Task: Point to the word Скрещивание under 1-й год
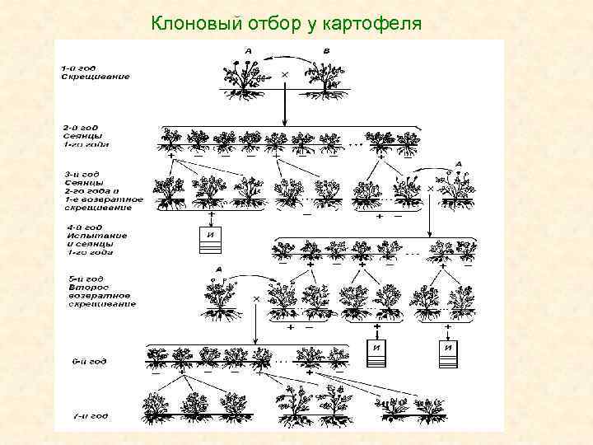click(x=94, y=77)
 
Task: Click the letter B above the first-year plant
click(x=325, y=51)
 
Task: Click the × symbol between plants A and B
click(x=285, y=74)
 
